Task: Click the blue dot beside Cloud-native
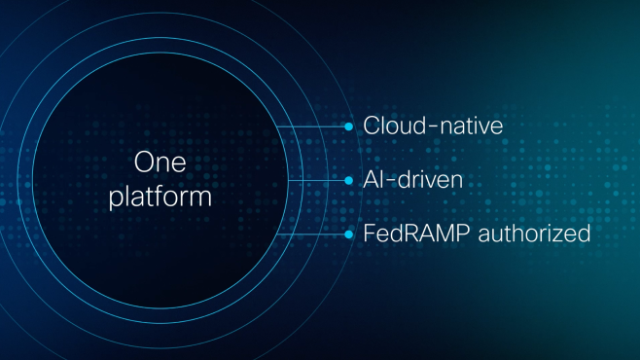349,126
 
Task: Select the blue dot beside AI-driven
349,181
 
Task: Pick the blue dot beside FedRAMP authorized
349,234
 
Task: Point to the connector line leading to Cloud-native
311,126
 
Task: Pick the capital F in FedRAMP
369,234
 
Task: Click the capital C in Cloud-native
371,126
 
